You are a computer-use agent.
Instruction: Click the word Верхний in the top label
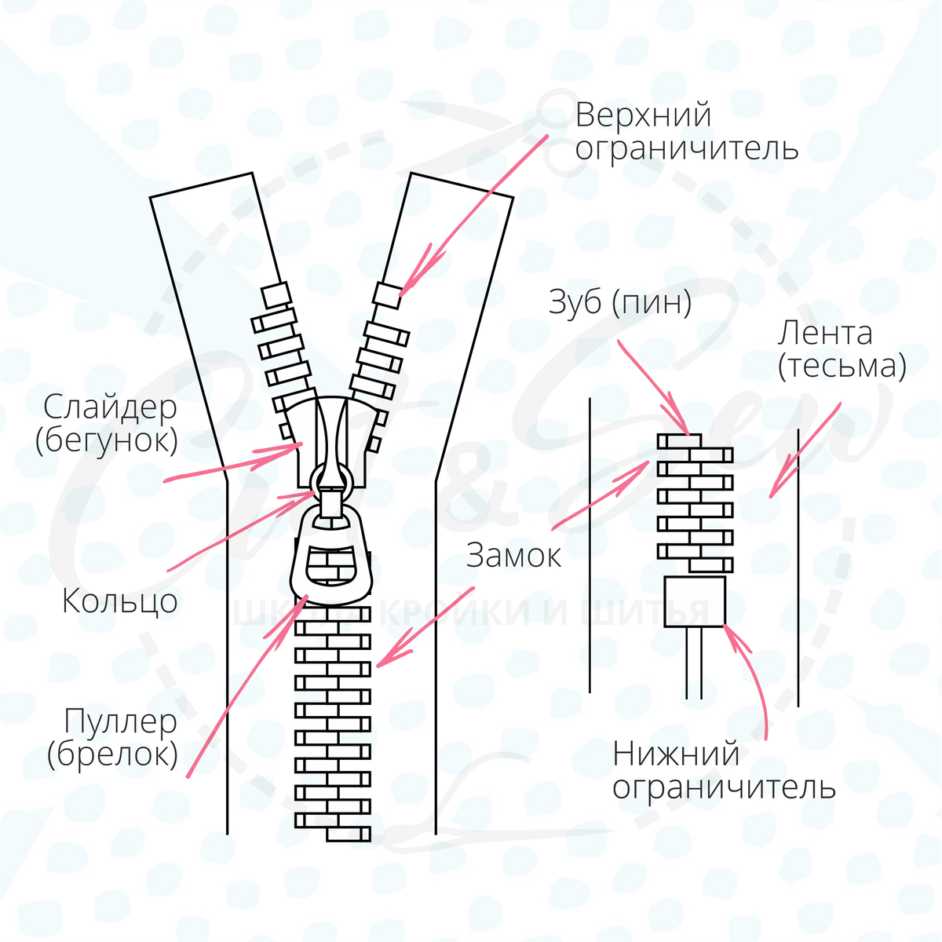tap(643, 115)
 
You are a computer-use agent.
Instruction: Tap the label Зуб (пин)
tap(619, 303)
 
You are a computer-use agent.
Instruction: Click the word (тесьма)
tap(842, 367)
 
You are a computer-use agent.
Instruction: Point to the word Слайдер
tap(110, 407)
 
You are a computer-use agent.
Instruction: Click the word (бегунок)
tap(107, 440)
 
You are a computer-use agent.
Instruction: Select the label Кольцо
tap(119, 602)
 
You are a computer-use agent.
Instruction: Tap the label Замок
tap(513, 556)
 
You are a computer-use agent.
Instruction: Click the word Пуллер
tap(121, 721)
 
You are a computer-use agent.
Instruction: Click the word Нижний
tap(676, 754)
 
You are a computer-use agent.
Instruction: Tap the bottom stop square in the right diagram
tap(694, 601)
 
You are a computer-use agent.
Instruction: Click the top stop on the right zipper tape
tap(387, 294)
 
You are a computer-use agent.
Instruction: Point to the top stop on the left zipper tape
tap(276, 294)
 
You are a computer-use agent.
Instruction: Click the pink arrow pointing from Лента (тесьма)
tap(805, 451)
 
